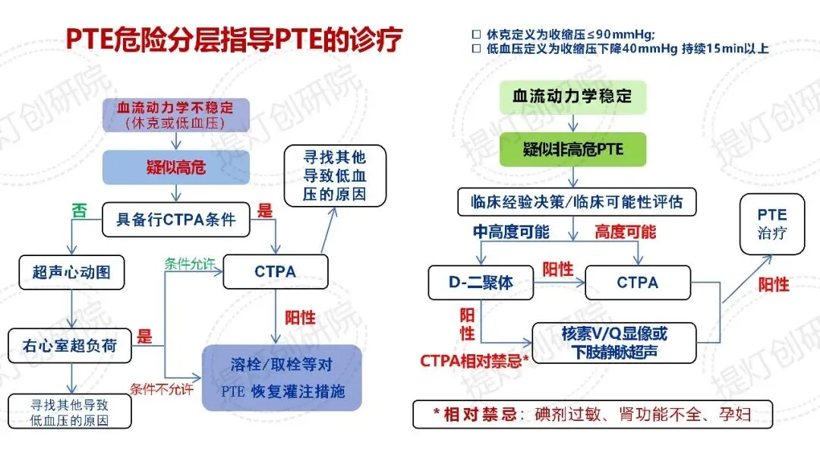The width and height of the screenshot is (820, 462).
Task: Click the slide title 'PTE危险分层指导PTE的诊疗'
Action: click(x=233, y=40)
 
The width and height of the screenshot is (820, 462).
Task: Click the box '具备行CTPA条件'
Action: click(x=175, y=220)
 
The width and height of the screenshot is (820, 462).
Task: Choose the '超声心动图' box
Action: click(x=71, y=271)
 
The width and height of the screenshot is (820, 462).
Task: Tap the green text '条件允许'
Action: click(x=190, y=264)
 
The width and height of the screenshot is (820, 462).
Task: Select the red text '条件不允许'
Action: click(x=161, y=391)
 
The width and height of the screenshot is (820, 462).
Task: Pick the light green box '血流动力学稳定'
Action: click(x=572, y=97)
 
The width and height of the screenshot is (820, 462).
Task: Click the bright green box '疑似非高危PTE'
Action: click(x=572, y=149)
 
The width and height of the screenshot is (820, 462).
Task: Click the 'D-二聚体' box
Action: click(x=481, y=282)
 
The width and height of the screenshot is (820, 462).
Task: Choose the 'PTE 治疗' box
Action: click(x=772, y=224)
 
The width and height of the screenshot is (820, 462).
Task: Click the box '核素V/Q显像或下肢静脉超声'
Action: click(x=614, y=342)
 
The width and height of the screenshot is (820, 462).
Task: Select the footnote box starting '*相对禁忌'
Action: click(x=591, y=414)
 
